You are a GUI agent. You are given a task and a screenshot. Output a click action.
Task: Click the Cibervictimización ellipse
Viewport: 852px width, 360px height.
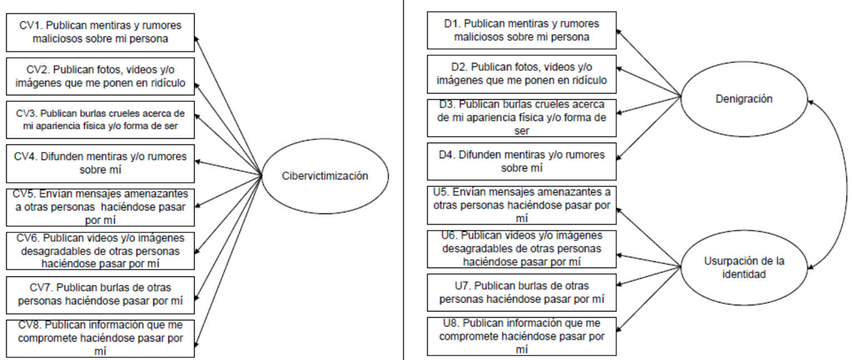pos(324,176)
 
